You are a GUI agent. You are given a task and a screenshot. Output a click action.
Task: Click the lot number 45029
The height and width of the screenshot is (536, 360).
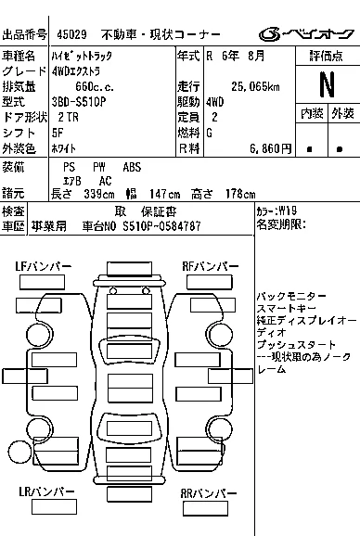point(71,34)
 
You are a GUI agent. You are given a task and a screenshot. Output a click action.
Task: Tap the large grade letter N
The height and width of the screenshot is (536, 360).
point(327,84)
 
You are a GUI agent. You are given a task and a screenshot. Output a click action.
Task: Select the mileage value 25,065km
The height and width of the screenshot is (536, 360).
point(255,87)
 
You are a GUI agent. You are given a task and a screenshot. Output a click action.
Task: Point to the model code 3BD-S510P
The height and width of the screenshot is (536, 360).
point(79,102)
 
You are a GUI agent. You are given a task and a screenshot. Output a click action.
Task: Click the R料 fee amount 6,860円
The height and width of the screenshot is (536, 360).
point(270,148)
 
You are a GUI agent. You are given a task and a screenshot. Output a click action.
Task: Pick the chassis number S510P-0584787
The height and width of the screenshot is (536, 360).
point(161,226)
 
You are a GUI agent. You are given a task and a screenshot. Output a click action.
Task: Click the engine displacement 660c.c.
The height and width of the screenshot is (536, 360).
point(95,87)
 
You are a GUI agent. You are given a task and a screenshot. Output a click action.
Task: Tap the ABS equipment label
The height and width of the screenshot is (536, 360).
point(132,167)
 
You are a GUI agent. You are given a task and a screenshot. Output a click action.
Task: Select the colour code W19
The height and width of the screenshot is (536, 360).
point(288,211)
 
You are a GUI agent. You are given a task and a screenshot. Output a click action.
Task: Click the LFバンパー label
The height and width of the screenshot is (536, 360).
point(44,267)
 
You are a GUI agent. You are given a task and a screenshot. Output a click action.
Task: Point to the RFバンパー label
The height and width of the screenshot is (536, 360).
point(211,267)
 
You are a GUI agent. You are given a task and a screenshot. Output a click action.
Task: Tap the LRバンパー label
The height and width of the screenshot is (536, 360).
point(46,491)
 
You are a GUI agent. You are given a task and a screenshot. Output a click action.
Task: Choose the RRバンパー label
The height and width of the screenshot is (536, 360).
point(209,493)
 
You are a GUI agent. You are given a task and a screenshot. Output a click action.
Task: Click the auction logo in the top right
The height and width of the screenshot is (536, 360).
point(306,34)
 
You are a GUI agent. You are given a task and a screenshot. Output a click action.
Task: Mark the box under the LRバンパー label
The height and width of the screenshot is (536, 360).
point(55,507)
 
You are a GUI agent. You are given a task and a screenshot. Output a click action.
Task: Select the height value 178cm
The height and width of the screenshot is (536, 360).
point(240,194)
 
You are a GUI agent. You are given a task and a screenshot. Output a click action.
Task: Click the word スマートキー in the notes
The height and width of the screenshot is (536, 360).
point(287,309)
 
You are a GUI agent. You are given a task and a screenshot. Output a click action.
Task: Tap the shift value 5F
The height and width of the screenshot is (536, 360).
point(58,133)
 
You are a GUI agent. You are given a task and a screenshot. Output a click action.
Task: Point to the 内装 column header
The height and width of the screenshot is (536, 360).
point(312,113)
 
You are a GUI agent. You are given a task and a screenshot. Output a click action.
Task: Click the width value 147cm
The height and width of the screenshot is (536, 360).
point(165,194)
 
